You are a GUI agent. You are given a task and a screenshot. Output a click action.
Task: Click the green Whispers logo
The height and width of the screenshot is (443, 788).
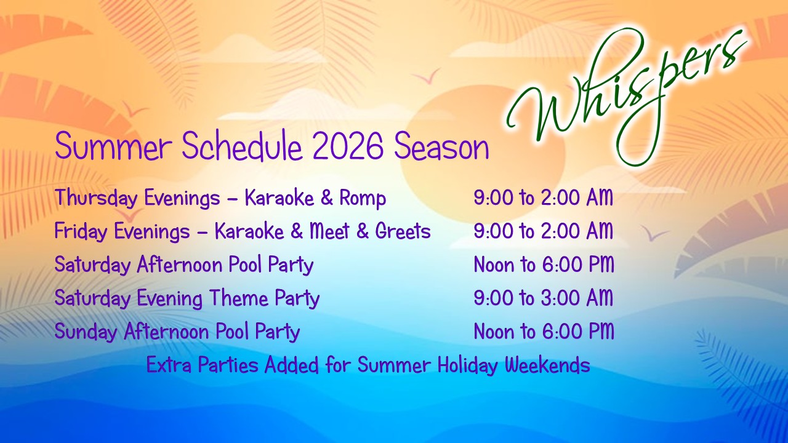pyautogui.click(x=626, y=95)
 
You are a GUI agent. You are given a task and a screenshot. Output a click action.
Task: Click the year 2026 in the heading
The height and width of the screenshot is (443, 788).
pyautogui.click(x=348, y=146)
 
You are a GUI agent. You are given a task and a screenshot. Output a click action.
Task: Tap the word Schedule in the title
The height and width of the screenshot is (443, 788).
pyautogui.click(x=242, y=146)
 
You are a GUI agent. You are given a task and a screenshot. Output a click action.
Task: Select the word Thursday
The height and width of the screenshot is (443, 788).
pyautogui.click(x=96, y=198)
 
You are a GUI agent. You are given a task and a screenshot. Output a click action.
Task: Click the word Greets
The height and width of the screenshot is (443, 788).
pyautogui.click(x=403, y=231)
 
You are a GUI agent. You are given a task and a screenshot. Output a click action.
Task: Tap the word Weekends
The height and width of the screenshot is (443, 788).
pyautogui.click(x=547, y=365)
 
